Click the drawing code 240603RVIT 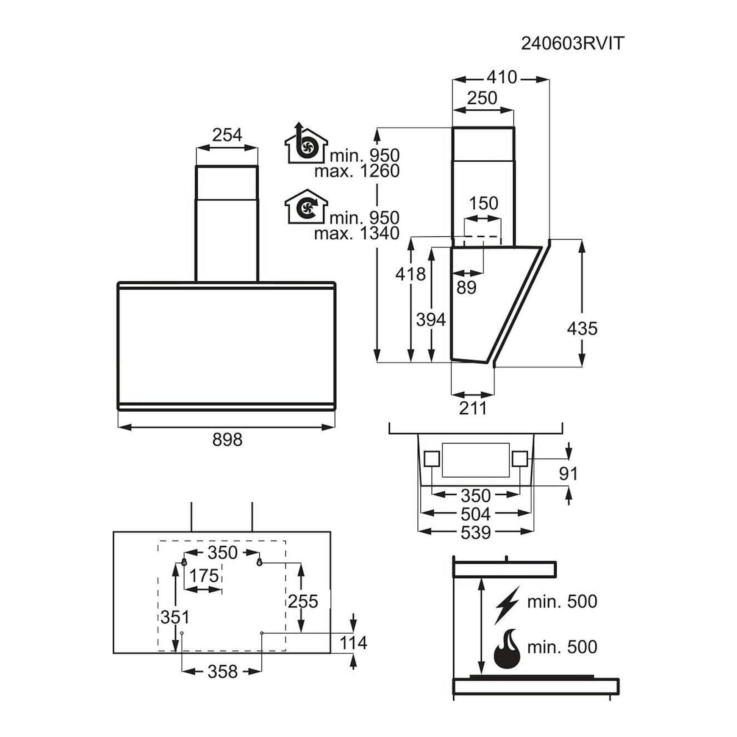(572, 44)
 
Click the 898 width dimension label (227, 439)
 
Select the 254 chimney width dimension (227, 135)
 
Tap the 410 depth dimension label (501, 77)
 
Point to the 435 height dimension (582, 328)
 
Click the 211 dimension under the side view (473, 408)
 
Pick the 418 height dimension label (411, 274)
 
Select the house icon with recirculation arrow (306, 206)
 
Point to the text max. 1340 (357, 233)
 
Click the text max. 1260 (357, 171)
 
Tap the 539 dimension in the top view (475, 533)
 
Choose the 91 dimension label (568, 474)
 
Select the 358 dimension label (222, 672)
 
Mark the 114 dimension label (353, 643)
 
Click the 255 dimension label (303, 601)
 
